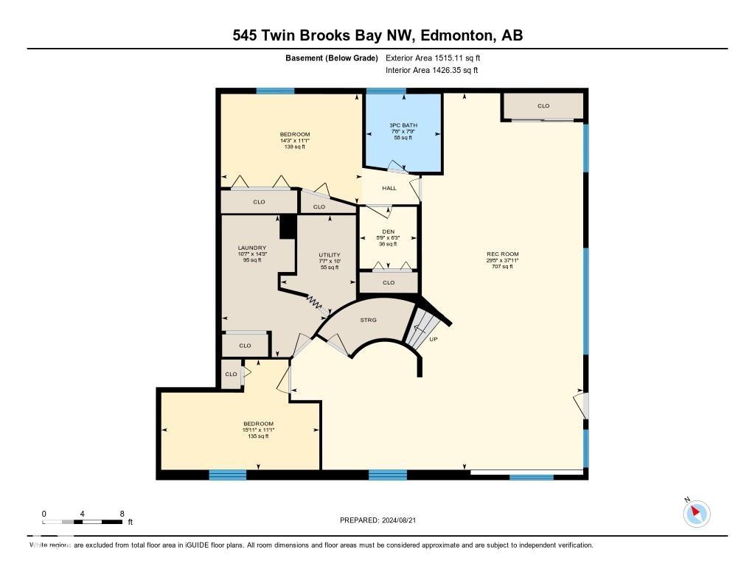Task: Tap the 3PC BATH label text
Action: point(403,125)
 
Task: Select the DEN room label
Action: point(388,231)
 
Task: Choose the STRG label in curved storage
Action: point(368,320)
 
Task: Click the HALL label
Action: point(389,188)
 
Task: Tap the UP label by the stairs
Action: point(434,340)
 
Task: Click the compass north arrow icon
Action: point(696,514)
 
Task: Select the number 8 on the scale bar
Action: point(122,514)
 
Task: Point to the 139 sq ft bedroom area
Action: point(294,147)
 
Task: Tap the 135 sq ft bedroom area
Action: point(258,436)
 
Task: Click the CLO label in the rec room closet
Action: point(543,106)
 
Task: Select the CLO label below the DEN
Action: point(389,282)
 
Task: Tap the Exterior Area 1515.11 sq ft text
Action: point(433,57)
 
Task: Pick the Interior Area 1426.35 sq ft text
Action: point(431,71)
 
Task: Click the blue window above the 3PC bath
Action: point(386,91)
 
